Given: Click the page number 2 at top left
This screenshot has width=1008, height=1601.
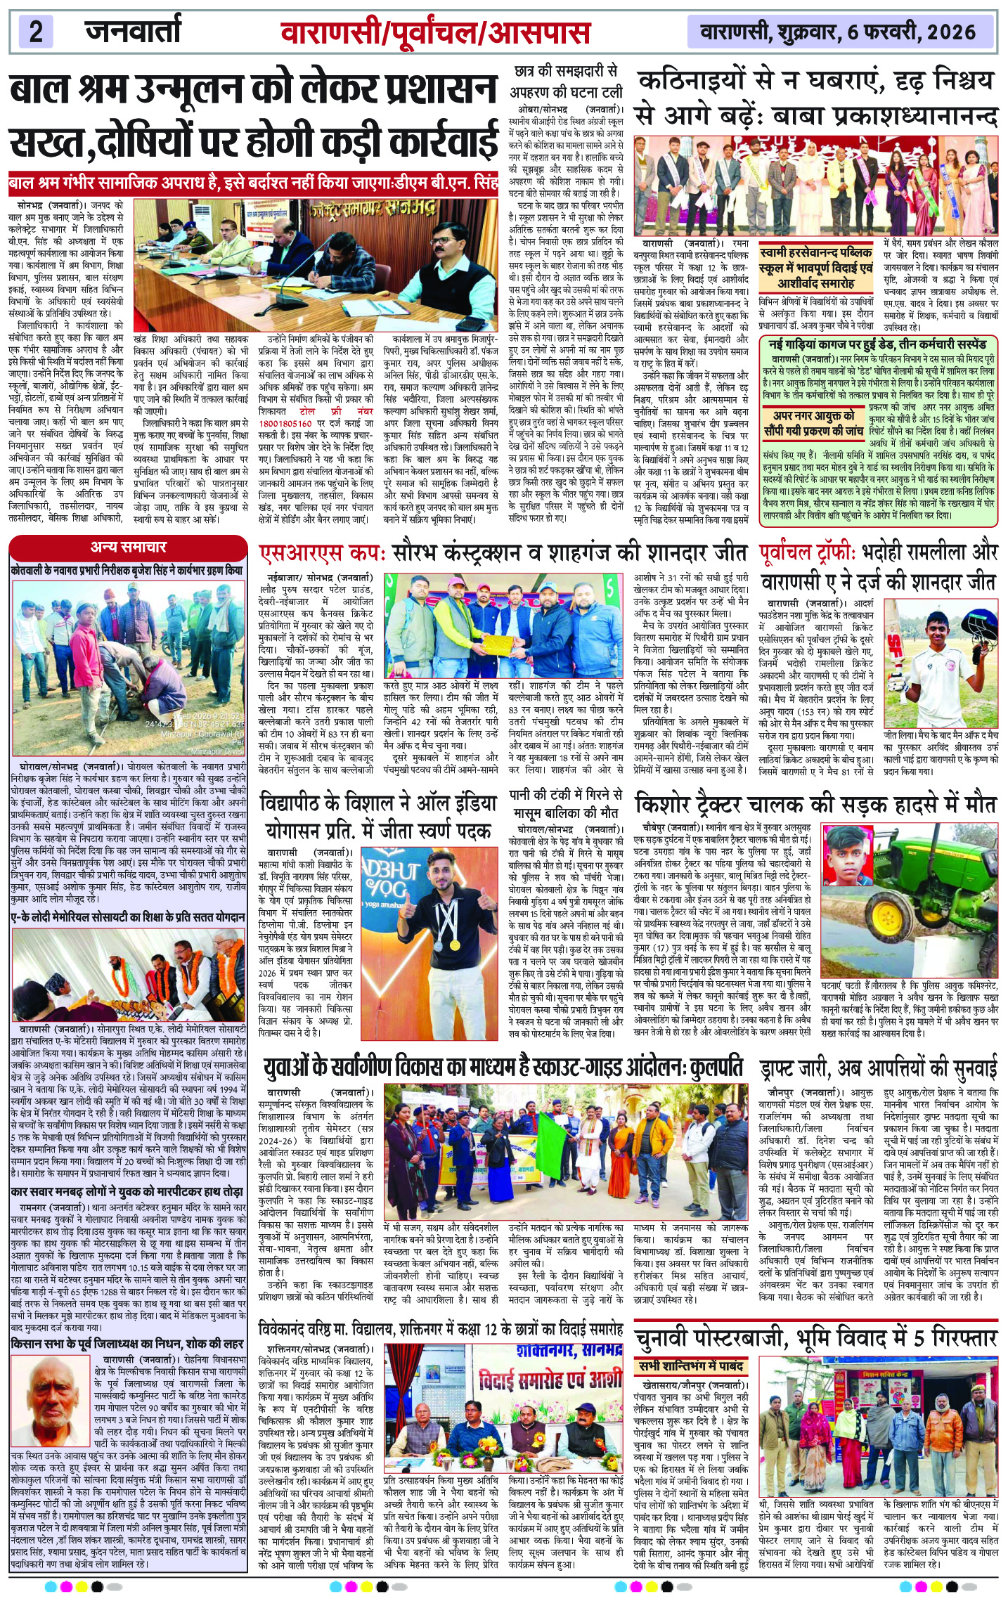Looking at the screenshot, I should click(x=36, y=32).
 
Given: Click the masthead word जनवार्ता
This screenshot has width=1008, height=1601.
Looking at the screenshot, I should click(x=133, y=31).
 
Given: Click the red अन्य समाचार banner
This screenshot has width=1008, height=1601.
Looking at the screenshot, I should click(x=129, y=547).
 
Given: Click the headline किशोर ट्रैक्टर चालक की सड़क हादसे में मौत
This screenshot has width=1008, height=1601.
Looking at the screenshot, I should click(x=815, y=803).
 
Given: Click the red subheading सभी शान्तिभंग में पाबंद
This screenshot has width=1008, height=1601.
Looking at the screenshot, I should click(x=691, y=1366).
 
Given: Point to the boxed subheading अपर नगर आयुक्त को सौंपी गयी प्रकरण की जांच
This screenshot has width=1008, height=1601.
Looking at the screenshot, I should click(x=813, y=423).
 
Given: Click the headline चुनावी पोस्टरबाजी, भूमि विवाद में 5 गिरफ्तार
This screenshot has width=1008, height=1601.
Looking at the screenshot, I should click(x=815, y=1337).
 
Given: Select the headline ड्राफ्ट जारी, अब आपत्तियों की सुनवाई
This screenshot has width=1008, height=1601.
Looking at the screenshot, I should click(x=879, y=1070).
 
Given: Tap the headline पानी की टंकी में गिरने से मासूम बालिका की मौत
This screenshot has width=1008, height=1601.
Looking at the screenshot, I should click(x=565, y=803).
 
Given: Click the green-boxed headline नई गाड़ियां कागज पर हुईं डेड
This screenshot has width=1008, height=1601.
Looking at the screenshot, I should click(x=877, y=344).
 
